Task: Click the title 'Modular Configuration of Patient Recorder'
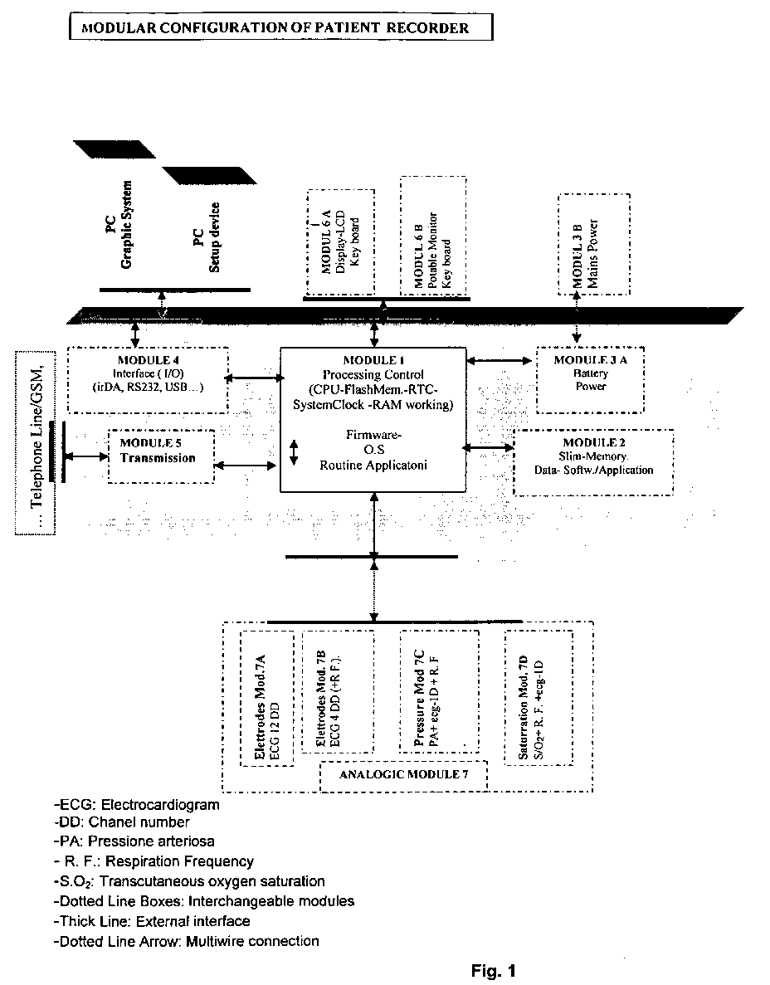click(280, 28)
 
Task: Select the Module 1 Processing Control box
click(374, 420)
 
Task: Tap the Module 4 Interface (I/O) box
click(147, 379)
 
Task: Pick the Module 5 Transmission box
click(161, 455)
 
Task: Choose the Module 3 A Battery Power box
click(591, 379)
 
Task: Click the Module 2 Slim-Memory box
click(593, 461)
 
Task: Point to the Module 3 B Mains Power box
click(593, 241)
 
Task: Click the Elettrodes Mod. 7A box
click(266, 698)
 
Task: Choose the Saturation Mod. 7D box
click(539, 698)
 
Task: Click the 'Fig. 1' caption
click(494, 970)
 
